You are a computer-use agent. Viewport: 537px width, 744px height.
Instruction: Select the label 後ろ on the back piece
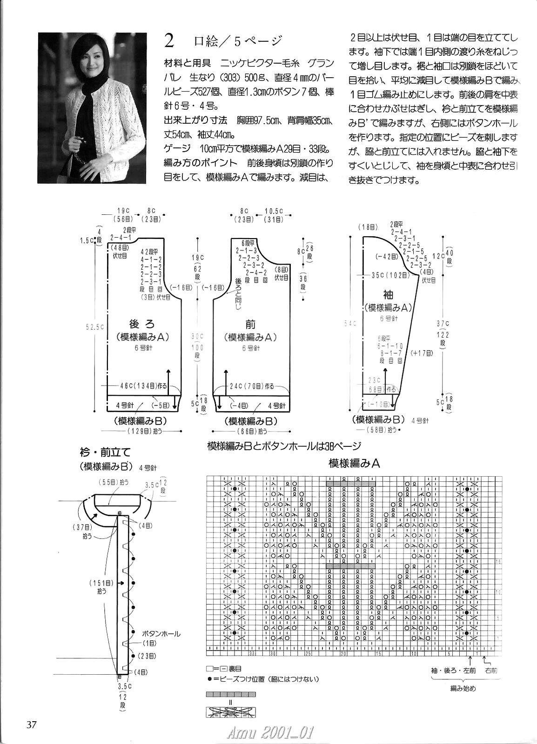pos(141,324)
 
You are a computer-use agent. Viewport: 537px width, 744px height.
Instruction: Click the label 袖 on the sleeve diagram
pos(387,294)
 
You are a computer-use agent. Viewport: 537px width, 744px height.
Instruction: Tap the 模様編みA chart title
pos(355,463)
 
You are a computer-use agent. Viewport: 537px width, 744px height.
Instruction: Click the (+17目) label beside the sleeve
pos(422,353)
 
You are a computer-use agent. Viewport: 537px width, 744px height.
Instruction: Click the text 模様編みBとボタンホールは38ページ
pos(284,446)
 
